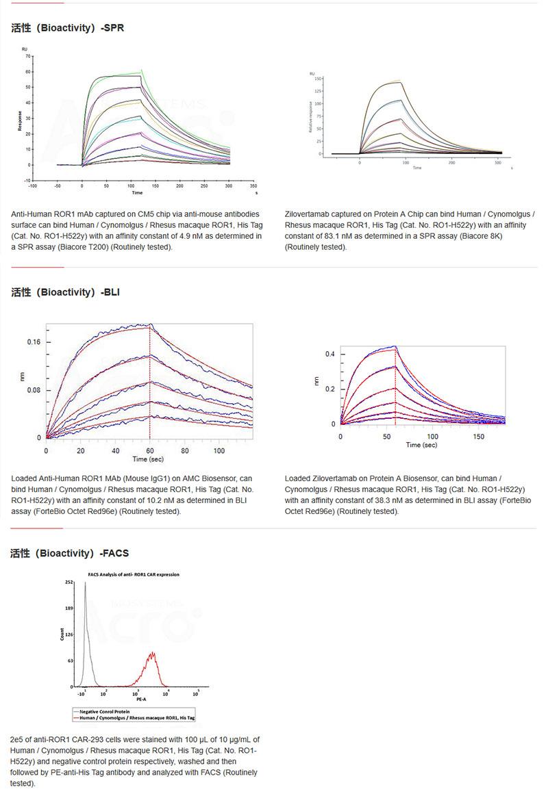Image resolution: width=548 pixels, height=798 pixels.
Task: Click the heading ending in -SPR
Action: (67, 29)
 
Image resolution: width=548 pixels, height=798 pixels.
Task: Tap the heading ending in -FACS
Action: (69, 553)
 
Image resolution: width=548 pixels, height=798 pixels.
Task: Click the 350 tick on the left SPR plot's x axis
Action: (253, 185)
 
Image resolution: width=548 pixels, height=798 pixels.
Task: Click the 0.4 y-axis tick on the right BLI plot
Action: (329, 354)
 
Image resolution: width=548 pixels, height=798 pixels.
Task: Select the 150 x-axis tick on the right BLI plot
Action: (479, 436)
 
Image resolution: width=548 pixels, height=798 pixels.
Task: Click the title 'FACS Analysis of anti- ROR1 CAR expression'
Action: (133, 574)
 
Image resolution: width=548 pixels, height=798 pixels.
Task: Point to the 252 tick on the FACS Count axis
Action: (69, 582)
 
